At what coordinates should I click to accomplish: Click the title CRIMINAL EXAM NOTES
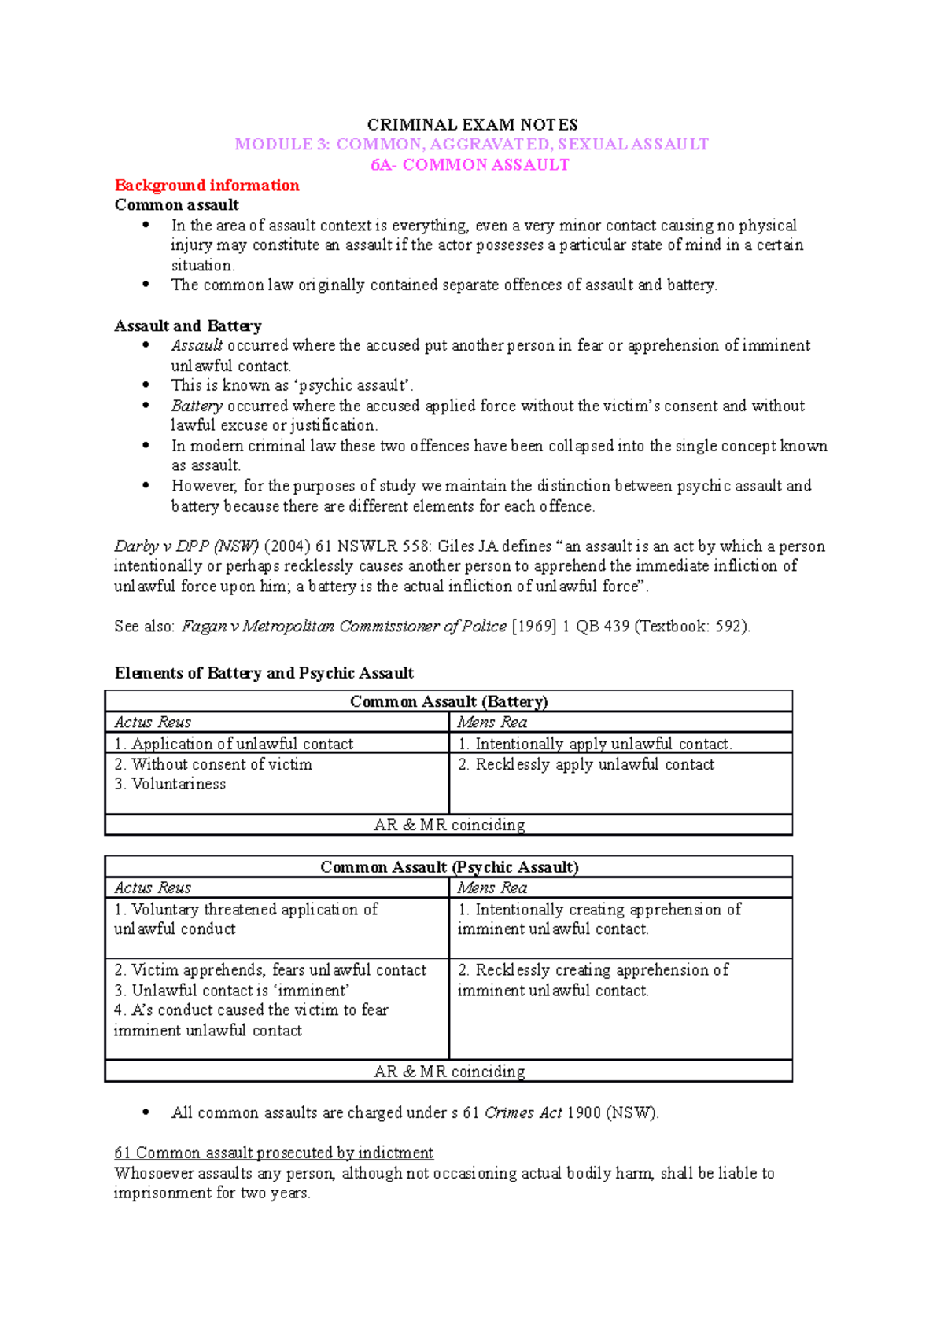tap(472, 125)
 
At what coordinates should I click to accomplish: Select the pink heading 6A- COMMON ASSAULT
tap(470, 165)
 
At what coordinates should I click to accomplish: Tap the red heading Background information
tap(207, 186)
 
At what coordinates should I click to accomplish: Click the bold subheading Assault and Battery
tap(188, 325)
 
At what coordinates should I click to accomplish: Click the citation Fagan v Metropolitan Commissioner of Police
tap(344, 627)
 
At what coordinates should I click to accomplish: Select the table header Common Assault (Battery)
tap(448, 701)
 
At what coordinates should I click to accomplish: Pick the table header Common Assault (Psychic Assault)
tap(448, 867)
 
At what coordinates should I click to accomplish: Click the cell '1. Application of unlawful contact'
tap(234, 744)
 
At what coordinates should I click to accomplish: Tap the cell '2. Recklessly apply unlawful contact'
tap(586, 764)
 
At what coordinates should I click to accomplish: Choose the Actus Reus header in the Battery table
tap(153, 723)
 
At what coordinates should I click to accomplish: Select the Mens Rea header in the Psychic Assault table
tap(492, 888)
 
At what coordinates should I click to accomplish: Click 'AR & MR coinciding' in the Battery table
tap(448, 825)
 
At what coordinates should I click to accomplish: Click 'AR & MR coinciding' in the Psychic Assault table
tap(448, 1072)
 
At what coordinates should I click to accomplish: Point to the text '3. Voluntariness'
tap(170, 784)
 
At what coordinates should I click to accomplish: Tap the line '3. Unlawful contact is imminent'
tap(231, 991)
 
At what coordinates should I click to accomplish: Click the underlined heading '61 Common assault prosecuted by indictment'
tap(274, 1153)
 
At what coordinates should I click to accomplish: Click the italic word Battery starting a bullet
tap(197, 406)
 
